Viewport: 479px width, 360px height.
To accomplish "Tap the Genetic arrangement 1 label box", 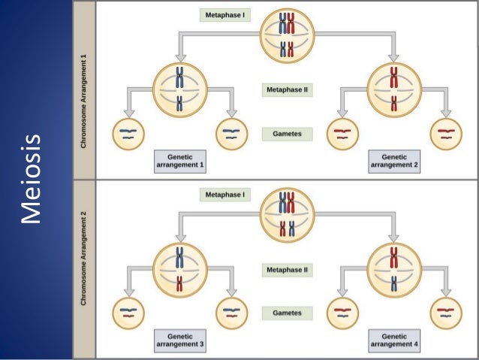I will pyautogui.click(x=179, y=160).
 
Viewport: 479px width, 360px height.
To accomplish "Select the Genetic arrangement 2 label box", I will pyautogui.click(x=394, y=160).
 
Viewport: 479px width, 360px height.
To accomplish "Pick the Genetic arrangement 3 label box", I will pyautogui.click(x=179, y=340).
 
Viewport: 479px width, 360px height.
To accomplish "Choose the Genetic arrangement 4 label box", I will pyautogui.click(x=394, y=340).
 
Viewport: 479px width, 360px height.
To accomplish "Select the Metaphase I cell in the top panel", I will pyautogui.click(x=288, y=37).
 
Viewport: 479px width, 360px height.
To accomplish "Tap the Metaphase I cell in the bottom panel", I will pyautogui.click(x=288, y=213).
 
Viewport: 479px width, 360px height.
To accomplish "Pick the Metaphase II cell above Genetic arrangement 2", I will pyautogui.click(x=394, y=88).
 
